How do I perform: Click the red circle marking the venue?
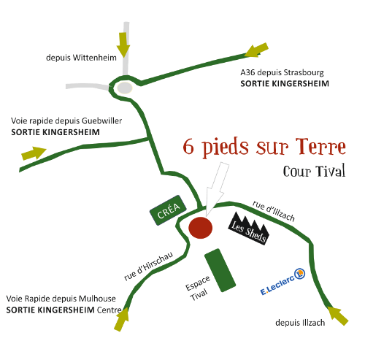pyautogui.click(x=201, y=228)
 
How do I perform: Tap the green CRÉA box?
pyautogui.click(x=168, y=210)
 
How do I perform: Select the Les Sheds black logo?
pyautogui.click(x=249, y=229)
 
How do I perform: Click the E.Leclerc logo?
pyautogui.click(x=283, y=282)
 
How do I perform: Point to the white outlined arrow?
pyautogui.click(x=216, y=188)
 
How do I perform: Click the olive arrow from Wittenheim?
pyautogui.click(x=123, y=45)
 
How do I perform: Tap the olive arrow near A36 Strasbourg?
pyautogui.click(x=256, y=50)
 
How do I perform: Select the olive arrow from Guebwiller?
pyautogui.click(x=34, y=153)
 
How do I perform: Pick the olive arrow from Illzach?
pyautogui.click(x=338, y=315)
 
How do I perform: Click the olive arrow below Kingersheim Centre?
pyautogui.click(x=122, y=319)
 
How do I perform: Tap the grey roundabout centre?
pyautogui.click(x=125, y=88)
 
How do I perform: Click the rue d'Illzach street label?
pyautogui.click(x=274, y=211)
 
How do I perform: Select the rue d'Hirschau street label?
pyautogui.click(x=149, y=266)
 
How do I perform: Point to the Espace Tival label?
pyautogui.click(x=198, y=288)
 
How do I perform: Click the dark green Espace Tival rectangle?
pyautogui.click(x=220, y=270)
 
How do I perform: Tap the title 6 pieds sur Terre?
pyautogui.click(x=264, y=147)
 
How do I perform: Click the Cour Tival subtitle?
pyautogui.click(x=314, y=171)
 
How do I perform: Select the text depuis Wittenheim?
pyautogui.click(x=81, y=58)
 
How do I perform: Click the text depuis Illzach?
pyautogui.click(x=300, y=323)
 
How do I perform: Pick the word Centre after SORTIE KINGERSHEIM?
pyautogui.click(x=109, y=310)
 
